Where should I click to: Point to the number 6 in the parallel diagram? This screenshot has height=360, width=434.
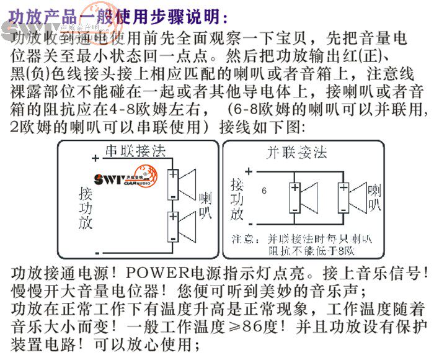(265, 191)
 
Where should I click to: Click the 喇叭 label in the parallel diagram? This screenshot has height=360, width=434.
(375, 198)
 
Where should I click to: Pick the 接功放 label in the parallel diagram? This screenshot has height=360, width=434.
(236, 199)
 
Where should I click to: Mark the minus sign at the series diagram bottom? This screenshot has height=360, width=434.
(97, 251)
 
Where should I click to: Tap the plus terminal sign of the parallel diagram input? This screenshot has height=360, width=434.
(249, 171)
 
